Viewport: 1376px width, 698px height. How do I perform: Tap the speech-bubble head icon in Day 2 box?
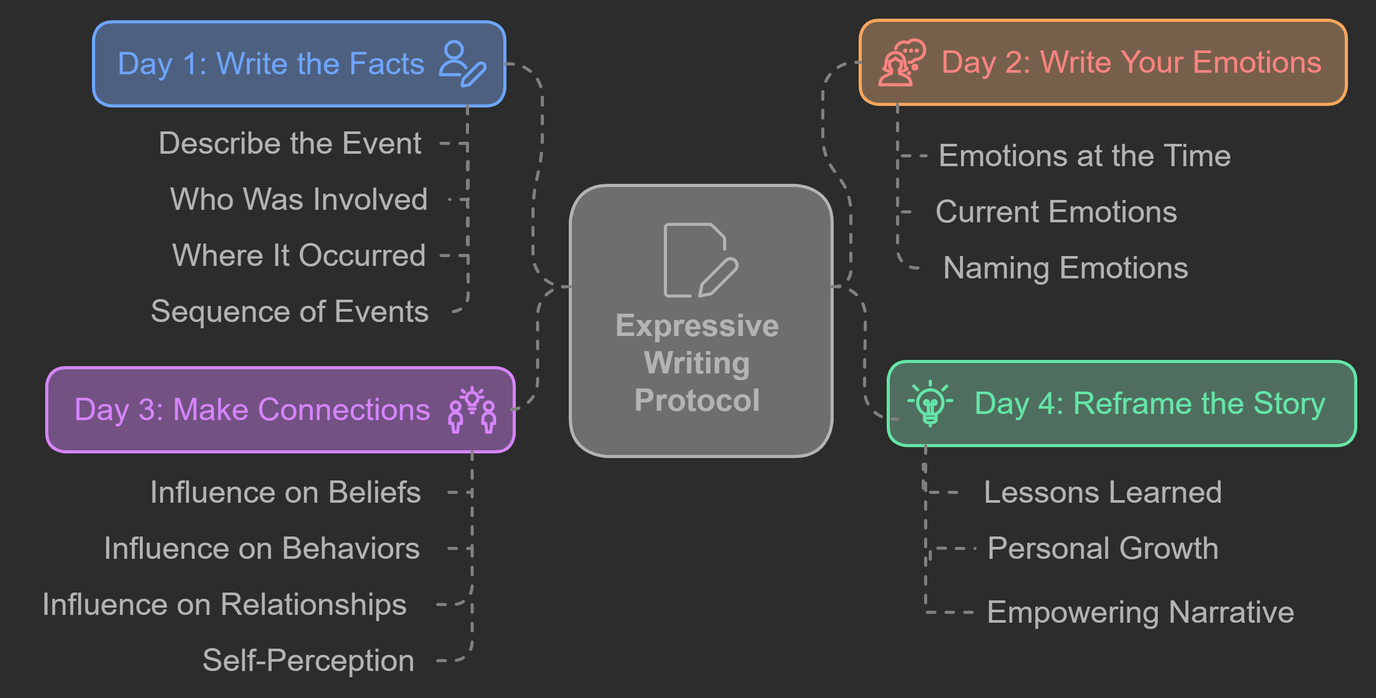[902, 62]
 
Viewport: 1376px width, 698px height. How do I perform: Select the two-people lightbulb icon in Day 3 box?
[472, 410]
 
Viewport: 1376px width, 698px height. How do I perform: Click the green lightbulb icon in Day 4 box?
[930, 403]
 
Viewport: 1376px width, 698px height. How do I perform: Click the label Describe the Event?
[290, 143]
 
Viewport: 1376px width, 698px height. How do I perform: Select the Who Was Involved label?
[299, 199]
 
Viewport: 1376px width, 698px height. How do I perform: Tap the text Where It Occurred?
[299, 256]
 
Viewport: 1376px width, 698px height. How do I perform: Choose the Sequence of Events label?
[289, 312]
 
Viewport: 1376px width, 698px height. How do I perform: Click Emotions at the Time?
[1085, 156]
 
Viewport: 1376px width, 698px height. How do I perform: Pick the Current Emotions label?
[1056, 212]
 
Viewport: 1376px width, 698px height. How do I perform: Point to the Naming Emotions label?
[1065, 267]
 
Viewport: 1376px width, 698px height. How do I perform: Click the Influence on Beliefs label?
[285, 492]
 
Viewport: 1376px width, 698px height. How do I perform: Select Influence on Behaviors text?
[262, 548]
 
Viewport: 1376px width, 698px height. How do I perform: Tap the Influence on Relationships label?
[224, 605]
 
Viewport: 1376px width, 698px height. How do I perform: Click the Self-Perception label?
[308, 661]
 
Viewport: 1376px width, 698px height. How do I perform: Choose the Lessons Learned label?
[1102, 492]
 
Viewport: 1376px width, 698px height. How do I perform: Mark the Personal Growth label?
[1102, 548]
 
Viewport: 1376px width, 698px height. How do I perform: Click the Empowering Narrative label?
[1140, 612]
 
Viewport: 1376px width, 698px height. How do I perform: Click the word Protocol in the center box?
[697, 400]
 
